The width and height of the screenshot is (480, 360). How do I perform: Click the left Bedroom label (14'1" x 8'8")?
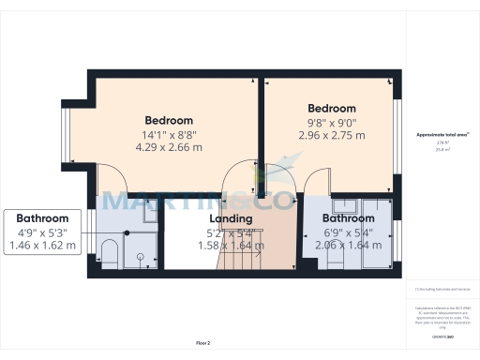(169, 121)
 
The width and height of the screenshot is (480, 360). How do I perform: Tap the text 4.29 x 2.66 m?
(169, 147)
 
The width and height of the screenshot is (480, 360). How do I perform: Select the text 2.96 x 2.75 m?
(331, 135)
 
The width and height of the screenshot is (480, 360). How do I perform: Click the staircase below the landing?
(241, 253)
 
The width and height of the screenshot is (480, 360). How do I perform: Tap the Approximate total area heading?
(443, 135)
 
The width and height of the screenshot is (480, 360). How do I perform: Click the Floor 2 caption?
(203, 344)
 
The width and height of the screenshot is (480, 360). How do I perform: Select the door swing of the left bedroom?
(111, 175)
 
